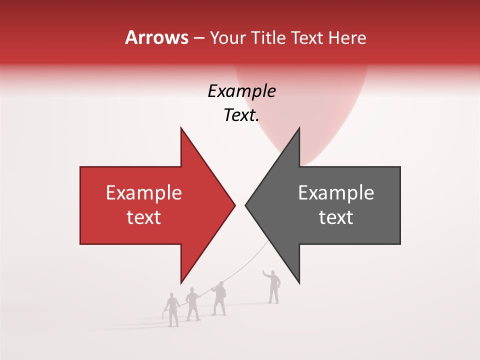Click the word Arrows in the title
coord(156,37)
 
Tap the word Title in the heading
coord(270,38)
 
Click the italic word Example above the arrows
coord(241,91)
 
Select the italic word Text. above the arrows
coord(241,115)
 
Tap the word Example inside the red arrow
coord(144,193)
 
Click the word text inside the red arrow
coord(144,217)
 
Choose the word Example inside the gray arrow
coord(336,193)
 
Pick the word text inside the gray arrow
coord(336,217)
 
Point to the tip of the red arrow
coord(235,205)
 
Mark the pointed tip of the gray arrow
coord(245,205)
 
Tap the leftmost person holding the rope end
coord(172,310)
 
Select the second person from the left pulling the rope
coord(192,304)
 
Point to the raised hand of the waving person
coord(264,272)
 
